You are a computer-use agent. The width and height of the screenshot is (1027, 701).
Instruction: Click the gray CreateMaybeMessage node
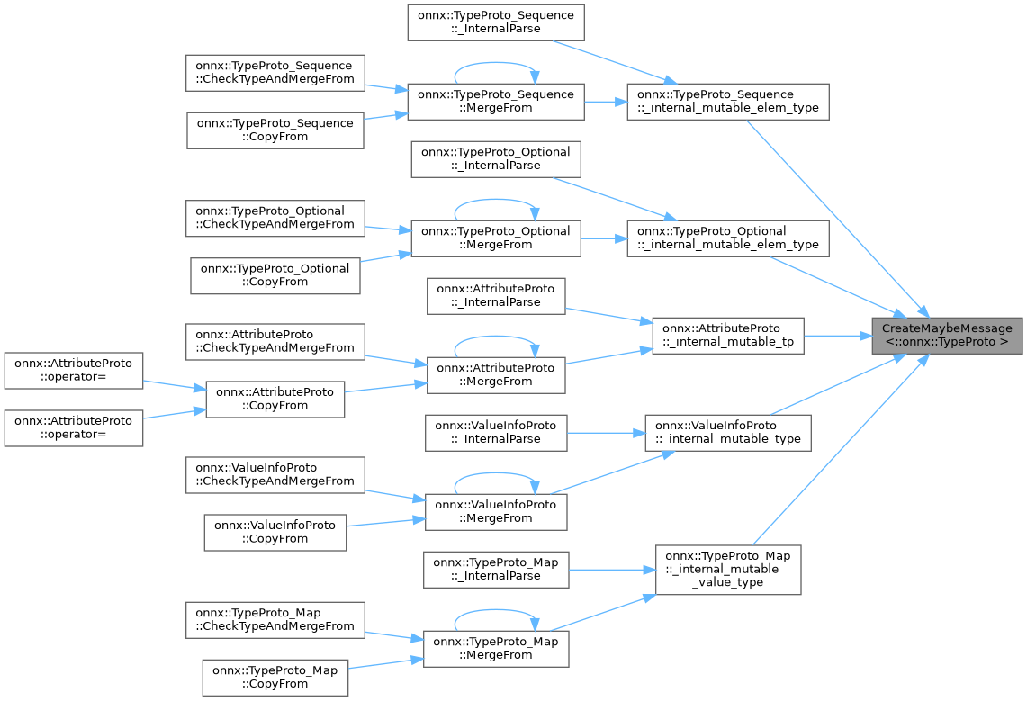947,335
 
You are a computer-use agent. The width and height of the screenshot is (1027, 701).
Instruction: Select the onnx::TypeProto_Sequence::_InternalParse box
496,22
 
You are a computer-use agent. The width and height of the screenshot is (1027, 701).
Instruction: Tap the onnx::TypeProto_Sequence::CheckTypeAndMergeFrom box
275,73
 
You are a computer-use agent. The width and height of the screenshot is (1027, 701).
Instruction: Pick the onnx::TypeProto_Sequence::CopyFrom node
275,130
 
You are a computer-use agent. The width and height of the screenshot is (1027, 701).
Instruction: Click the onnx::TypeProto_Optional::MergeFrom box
496,238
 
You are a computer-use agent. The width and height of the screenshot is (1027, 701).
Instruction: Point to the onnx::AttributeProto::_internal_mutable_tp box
726,335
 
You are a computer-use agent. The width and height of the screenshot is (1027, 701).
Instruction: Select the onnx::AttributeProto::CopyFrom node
275,399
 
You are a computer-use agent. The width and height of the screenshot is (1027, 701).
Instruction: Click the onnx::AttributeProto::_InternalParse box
496,295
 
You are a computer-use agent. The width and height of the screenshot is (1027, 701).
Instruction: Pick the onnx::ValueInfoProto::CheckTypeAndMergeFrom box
275,474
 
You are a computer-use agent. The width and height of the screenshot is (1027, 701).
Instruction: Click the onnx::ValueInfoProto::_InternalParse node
496,432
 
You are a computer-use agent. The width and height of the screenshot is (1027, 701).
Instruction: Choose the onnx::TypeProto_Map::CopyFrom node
275,677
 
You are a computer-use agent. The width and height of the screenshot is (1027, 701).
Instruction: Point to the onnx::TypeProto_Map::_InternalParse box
496,569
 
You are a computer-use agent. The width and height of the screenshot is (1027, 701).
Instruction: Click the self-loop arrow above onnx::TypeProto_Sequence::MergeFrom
496,66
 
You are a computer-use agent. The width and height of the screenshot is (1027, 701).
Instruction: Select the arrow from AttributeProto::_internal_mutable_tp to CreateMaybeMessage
832,335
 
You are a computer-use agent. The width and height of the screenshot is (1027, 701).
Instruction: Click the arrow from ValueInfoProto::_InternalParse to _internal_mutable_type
605,432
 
